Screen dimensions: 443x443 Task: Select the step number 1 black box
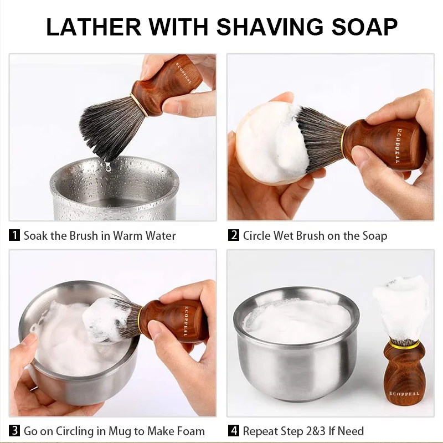(x=15, y=235)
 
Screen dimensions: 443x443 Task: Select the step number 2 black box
(x=234, y=235)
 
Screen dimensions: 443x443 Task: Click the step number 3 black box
(x=15, y=431)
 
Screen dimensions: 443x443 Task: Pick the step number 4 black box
(x=234, y=431)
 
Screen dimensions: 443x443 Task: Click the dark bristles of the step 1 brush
(x=108, y=125)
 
